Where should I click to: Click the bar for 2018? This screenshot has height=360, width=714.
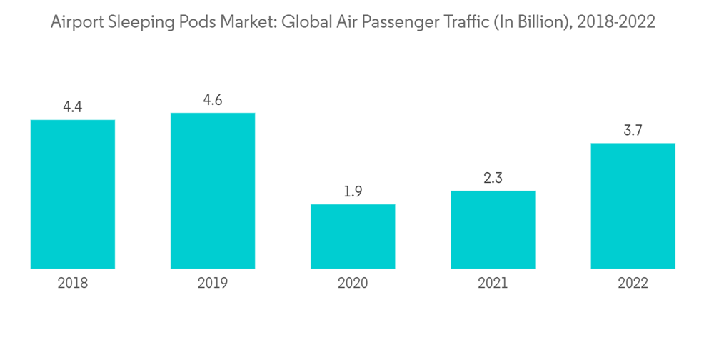(73, 194)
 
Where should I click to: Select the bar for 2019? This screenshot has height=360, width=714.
(213, 191)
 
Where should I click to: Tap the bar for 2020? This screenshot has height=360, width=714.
(353, 236)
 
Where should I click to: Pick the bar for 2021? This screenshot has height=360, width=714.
(493, 230)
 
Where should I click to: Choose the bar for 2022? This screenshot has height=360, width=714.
(633, 206)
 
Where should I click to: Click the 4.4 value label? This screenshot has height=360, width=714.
(73, 107)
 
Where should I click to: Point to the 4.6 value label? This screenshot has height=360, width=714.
(213, 100)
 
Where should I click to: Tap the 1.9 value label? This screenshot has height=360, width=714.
(353, 192)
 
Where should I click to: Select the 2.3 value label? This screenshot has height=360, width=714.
(493, 179)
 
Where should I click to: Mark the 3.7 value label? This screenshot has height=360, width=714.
(633, 131)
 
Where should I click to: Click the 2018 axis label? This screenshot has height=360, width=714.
(73, 284)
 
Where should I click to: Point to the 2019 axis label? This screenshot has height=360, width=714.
(213, 284)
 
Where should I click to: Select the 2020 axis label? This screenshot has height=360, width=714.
(353, 284)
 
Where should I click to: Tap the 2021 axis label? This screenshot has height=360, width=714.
(493, 284)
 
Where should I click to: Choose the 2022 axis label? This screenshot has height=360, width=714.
(633, 284)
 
